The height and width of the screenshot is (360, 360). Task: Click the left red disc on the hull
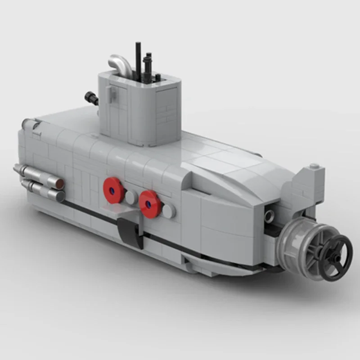point(114,189)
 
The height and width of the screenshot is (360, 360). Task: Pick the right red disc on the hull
point(150,204)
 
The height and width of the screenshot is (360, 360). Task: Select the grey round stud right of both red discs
point(167,212)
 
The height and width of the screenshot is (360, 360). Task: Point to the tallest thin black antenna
point(138,58)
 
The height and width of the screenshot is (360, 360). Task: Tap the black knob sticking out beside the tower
point(91,98)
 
